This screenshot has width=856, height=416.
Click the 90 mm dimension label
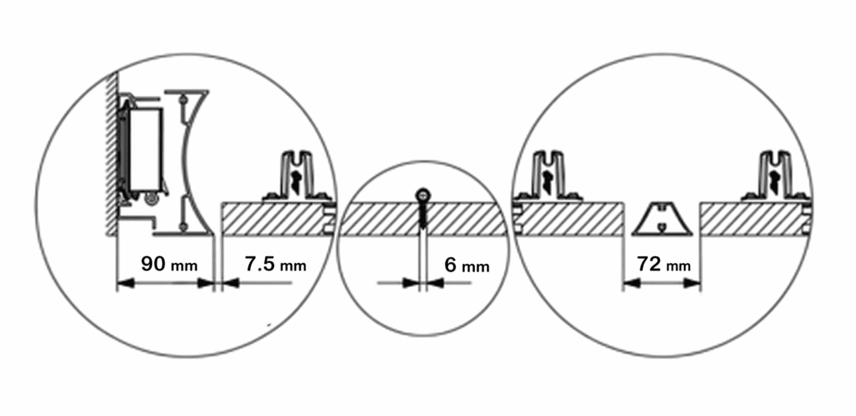tap(169, 264)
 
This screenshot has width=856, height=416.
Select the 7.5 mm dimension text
tap(275, 264)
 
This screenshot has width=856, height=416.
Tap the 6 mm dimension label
tap(467, 265)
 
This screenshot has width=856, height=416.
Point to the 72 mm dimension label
tap(664, 264)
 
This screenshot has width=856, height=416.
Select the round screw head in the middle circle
tap(423, 194)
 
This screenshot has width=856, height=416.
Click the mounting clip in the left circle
tap(297, 176)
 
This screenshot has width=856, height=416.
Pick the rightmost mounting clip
tap(775, 176)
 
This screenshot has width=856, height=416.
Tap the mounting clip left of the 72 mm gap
tap(547, 176)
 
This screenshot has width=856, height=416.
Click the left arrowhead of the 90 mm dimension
tap(125, 283)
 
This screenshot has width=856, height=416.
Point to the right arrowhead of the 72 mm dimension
tap(692, 283)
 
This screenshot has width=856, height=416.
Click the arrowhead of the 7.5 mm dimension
tap(230, 283)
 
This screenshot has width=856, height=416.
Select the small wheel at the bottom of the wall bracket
tap(152, 200)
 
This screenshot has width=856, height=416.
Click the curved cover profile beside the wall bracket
tap(187, 162)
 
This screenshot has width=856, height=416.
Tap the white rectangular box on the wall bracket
tap(146, 150)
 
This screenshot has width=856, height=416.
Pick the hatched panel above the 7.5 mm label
tap(276, 219)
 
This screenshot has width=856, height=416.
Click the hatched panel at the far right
tap(755, 219)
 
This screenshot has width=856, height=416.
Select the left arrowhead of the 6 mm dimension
tap(410, 283)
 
